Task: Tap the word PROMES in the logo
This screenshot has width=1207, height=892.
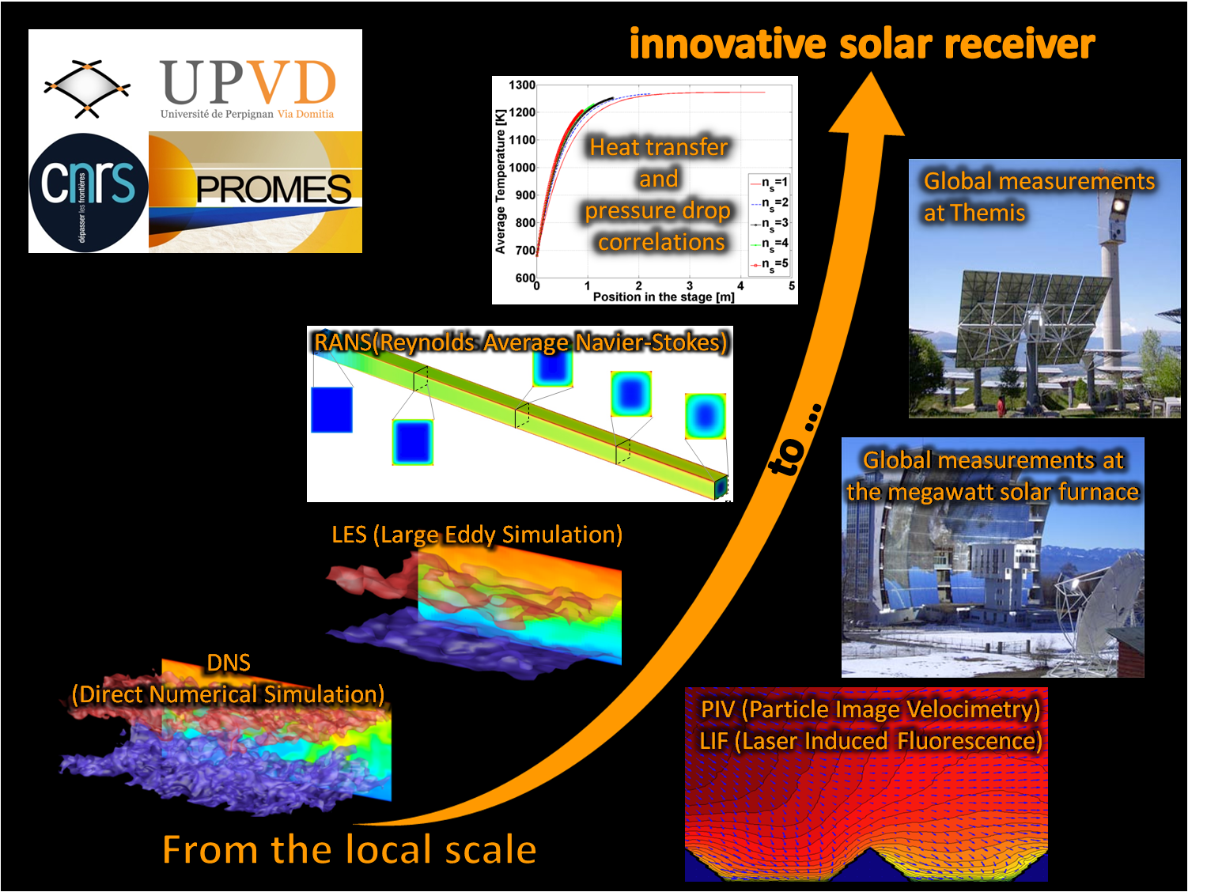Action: click(273, 189)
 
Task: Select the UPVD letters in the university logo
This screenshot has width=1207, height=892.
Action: click(248, 81)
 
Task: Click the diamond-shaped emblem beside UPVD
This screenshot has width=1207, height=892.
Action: click(87, 89)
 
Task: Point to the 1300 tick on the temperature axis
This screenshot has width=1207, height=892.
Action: click(522, 85)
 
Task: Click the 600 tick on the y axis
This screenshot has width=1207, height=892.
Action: click(525, 278)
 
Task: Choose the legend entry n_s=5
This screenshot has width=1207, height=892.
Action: click(770, 265)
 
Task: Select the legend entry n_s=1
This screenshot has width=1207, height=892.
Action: click(770, 183)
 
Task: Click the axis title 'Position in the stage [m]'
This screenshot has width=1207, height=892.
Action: click(664, 297)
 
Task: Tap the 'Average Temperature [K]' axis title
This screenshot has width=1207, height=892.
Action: click(500, 181)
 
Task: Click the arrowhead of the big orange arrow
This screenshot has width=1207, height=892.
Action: click(868, 104)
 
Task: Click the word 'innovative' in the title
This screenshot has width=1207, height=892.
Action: click(728, 43)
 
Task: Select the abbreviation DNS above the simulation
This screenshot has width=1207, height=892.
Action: click(229, 663)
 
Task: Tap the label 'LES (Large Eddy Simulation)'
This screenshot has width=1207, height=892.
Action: click(477, 535)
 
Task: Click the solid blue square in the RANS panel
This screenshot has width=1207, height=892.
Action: click(331, 410)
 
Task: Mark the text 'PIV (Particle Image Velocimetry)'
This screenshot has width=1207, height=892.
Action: click(870, 709)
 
